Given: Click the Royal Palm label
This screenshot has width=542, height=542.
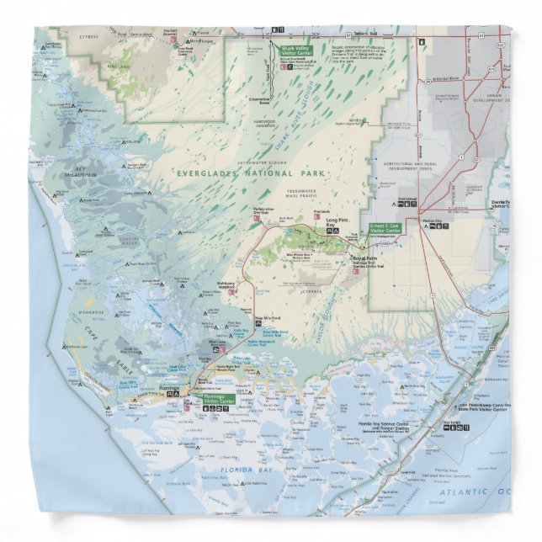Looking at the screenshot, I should [363, 259].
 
